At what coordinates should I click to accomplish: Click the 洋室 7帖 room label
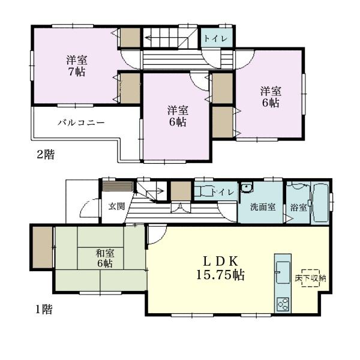[x=77, y=66]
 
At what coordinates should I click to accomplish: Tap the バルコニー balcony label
[x=81, y=122]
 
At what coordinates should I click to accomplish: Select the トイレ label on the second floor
[x=215, y=38]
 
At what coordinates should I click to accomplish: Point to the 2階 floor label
[x=46, y=154]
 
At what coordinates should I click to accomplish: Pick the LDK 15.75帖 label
[x=220, y=268]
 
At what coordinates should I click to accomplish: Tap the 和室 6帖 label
[x=105, y=259]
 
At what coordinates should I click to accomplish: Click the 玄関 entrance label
[x=116, y=206]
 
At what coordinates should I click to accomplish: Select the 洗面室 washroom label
[x=263, y=207]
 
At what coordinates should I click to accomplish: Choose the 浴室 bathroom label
[x=298, y=208]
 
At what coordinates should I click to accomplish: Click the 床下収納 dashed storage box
[x=311, y=278]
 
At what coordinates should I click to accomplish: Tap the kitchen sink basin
[x=283, y=272]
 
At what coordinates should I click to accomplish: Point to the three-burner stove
[x=283, y=304]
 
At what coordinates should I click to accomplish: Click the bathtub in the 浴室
[x=321, y=203]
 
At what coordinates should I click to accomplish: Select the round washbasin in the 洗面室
[x=247, y=188]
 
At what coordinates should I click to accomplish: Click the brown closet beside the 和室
[x=43, y=247]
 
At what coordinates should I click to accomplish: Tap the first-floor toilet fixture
[x=203, y=191]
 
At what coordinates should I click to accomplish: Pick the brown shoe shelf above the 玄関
[x=118, y=186]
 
